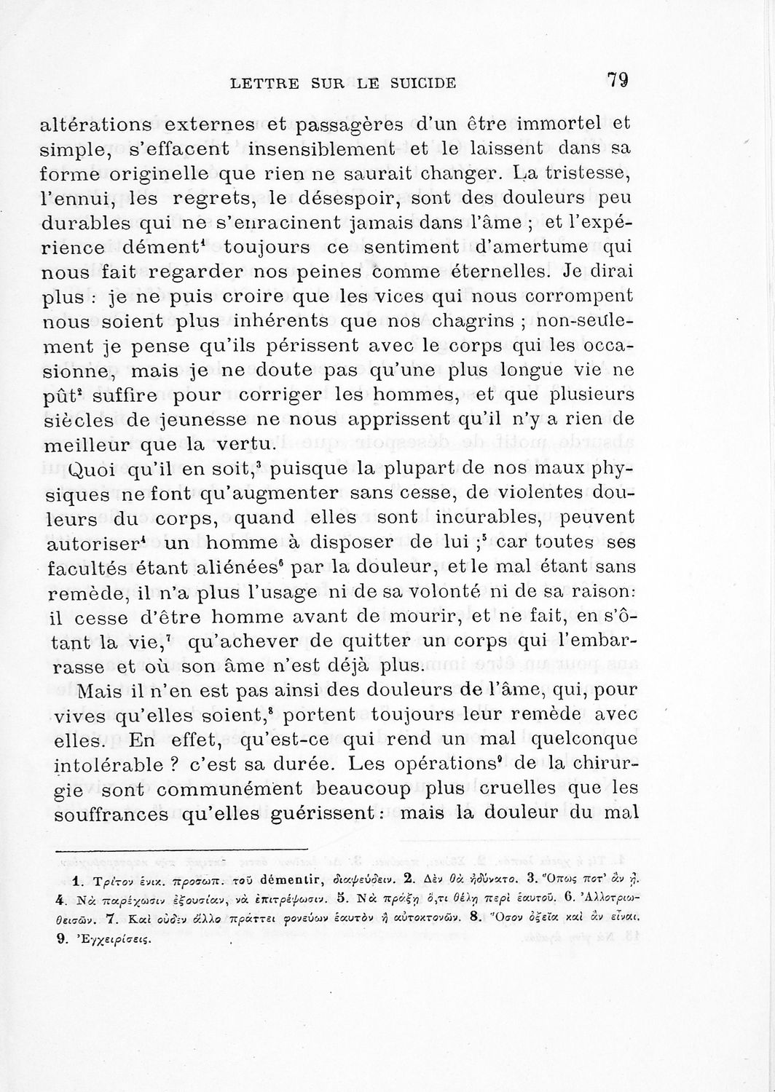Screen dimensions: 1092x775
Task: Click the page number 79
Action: tap(617, 80)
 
